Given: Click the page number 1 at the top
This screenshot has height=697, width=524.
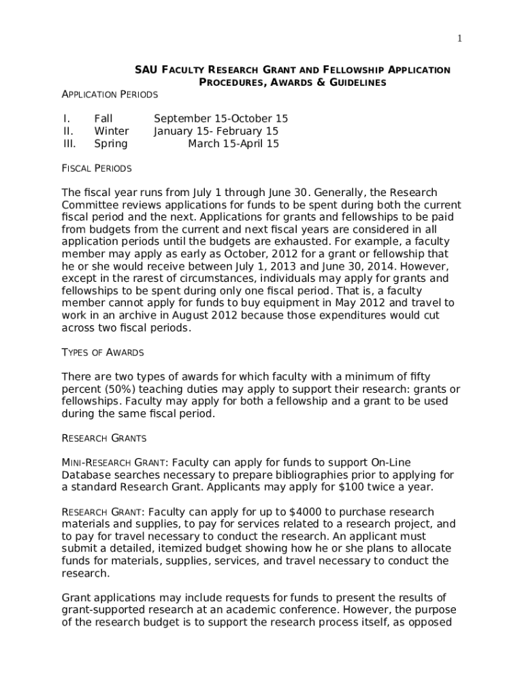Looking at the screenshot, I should point(460,39).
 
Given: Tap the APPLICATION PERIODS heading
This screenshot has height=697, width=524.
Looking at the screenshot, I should point(110,94).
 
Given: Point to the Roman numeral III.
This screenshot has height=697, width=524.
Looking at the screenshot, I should point(69,144).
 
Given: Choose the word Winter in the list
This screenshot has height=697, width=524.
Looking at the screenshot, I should point(111,131).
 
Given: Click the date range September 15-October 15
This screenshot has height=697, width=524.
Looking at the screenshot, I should point(220,118).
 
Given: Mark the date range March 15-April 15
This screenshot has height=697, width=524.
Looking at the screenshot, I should point(233,144).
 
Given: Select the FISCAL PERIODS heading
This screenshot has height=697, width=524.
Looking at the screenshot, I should point(97,168).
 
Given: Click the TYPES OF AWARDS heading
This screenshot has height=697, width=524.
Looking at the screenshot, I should point(103,353).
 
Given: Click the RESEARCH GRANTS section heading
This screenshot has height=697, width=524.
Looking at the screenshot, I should point(104,438).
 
